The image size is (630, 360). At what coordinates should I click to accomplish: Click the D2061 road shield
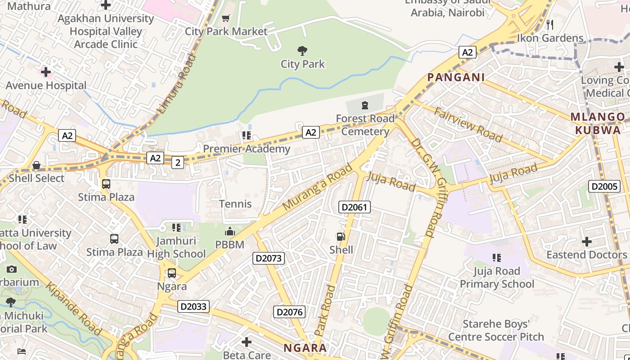coord(354,207)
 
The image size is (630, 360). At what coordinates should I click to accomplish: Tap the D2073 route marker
coord(269,258)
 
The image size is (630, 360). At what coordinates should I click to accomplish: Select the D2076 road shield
coord(289,312)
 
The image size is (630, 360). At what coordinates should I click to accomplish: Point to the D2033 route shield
coord(193,306)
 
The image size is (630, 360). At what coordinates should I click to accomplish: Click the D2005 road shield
coord(604,186)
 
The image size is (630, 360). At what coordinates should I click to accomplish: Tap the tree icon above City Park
coord(302,50)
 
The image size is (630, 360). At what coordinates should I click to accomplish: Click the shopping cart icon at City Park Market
coord(225,18)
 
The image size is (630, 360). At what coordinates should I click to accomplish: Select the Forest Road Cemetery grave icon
coord(364,106)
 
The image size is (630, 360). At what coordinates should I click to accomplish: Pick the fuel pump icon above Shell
coord(341,237)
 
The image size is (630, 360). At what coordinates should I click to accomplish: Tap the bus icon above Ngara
coord(172,273)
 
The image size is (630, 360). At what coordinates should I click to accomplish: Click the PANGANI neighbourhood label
coord(456,77)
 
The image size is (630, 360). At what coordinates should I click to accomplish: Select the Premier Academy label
coord(247,149)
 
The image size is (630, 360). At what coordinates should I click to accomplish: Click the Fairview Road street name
coord(468,125)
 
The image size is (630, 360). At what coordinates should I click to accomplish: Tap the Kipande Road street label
coord(74,309)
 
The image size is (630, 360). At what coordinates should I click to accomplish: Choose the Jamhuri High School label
coord(176,247)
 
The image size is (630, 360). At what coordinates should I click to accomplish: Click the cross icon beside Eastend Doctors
coord(587,242)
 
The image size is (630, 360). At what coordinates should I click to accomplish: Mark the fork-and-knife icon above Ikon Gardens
coord(549,25)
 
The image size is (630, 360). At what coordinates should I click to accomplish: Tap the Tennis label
coord(235,204)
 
